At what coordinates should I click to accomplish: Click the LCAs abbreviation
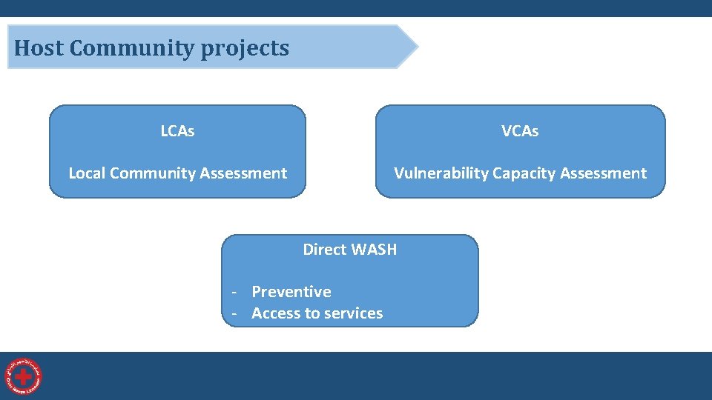tap(177, 131)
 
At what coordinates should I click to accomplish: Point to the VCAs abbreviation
tap(520, 131)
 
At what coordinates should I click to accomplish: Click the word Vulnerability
tap(441, 173)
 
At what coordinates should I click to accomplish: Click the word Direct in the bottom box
tap(324, 250)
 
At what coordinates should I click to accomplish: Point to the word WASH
tap(374, 250)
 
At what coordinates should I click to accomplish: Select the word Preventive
tap(291, 292)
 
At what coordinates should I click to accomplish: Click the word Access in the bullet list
tap(274, 313)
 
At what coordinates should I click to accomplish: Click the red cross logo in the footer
tap(24, 376)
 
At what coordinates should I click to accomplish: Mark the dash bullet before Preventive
tap(234, 292)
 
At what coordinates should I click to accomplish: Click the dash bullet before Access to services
tap(234, 313)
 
